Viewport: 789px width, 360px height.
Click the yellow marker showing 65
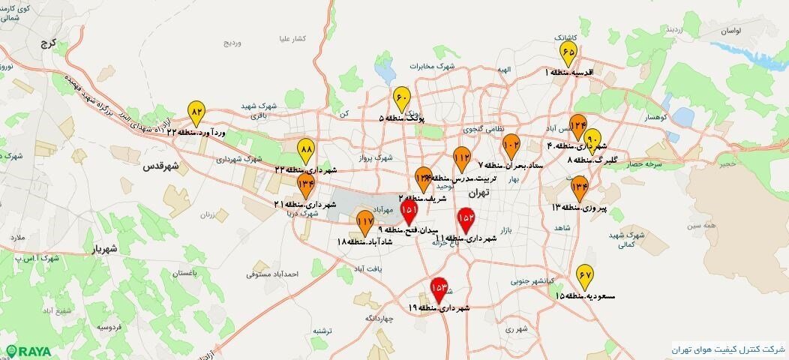(x=568, y=52)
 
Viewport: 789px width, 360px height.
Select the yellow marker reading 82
(x=196, y=112)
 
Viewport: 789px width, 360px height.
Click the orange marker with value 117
(x=365, y=221)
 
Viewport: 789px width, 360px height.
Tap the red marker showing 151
(x=409, y=211)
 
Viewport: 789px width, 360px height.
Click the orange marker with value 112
(x=461, y=159)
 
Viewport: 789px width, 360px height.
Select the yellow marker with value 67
(x=585, y=277)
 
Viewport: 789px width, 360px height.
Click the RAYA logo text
(x=29, y=350)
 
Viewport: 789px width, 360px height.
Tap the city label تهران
(x=478, y=193)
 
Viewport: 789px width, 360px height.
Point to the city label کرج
(x=50, y=44)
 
